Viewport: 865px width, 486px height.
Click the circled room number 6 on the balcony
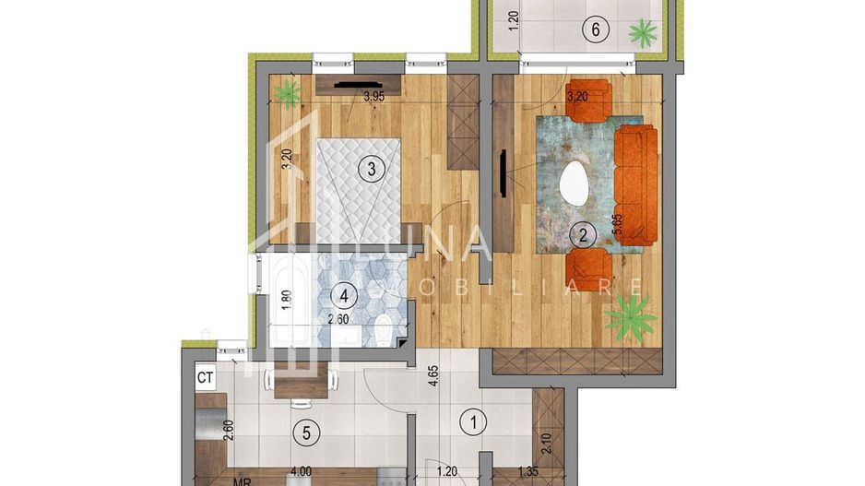click(597, 30)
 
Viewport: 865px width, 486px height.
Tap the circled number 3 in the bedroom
click(371, 169)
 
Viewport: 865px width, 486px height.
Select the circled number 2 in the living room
click(582, 234)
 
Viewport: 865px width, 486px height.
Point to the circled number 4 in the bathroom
click(344, 296)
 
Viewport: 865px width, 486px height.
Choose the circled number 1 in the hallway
click(473, 423)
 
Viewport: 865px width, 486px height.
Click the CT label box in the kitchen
click(206, 377)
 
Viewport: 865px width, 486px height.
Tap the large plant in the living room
click(631, 317)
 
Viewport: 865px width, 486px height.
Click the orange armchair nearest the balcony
click(590, 100)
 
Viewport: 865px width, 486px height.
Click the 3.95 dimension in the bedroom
click(373, 96)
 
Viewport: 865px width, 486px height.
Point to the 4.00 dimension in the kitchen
click(300, 471)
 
